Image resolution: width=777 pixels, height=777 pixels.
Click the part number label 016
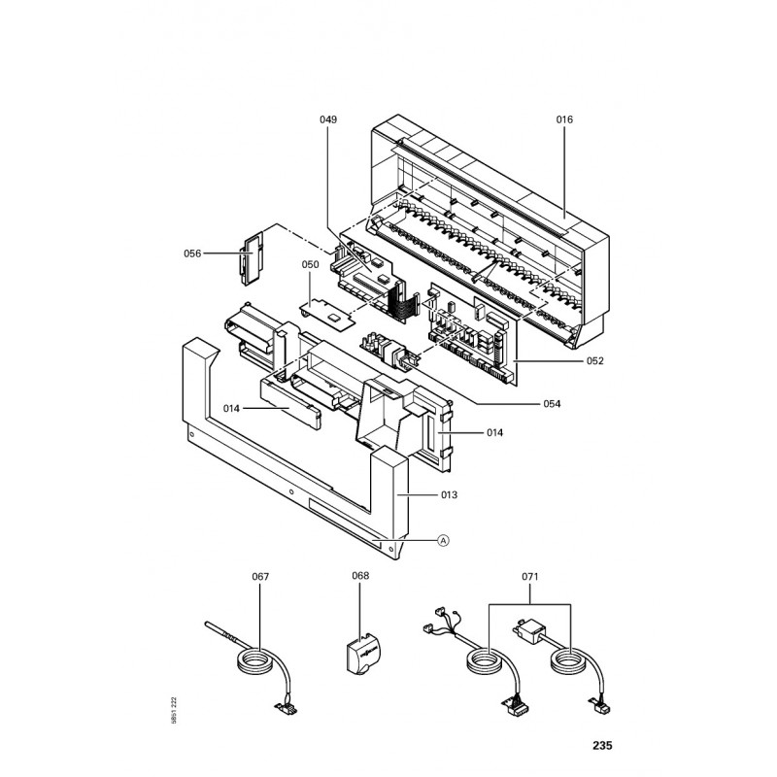(564, 119)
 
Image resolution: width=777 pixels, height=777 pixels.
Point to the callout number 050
(310, 264)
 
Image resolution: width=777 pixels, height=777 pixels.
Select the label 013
(448, 494)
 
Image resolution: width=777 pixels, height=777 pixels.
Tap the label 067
(259, 577)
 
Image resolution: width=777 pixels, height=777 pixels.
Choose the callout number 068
(360, 577)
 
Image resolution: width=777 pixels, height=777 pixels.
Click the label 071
(528, 577)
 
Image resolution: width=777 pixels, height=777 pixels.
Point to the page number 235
(602, 747)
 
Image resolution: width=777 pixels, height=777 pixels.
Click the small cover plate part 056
(253, 256)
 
